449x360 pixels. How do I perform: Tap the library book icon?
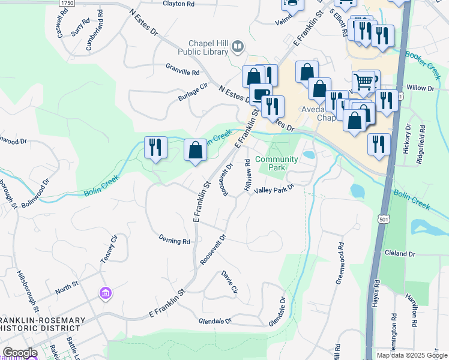pos(238,46)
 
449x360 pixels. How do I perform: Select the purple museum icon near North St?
pos(106,293)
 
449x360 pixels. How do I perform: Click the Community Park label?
pos(277,163)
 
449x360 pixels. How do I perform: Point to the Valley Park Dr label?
pos(274,189)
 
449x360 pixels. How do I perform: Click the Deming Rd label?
pos(175,241)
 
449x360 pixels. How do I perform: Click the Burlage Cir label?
pos(192,94)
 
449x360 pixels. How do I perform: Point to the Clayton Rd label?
pos(179,4)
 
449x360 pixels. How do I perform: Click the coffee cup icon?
pos(261,94)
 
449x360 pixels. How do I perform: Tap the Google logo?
pos(20,353)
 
